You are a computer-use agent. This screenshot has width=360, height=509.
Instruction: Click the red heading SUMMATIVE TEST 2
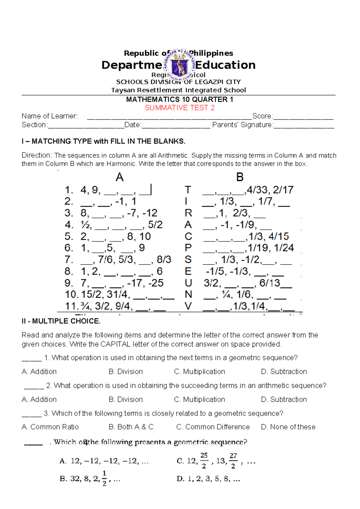tap(179, 108)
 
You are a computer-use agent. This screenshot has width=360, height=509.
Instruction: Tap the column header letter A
tap(120, 177)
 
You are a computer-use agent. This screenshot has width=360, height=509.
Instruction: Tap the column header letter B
tap(240, 177)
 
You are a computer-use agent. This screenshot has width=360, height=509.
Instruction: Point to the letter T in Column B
tap(188, 190)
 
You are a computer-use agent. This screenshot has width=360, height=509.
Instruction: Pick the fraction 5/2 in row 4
tap(155, 225)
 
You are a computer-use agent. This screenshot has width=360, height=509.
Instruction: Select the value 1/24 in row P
tap(284, 248)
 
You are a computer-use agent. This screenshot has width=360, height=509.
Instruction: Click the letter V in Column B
tap(188, 306)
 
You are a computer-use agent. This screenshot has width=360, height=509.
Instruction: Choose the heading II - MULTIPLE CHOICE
tap(61, 321)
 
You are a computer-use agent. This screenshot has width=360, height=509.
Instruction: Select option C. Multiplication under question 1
tap(199, 372)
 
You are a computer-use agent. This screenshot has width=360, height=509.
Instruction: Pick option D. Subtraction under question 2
tap(284, 399)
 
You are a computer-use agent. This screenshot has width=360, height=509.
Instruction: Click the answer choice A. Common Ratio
tap(50, 427)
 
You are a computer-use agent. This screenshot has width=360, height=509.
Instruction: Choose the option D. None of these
tap(288, 427)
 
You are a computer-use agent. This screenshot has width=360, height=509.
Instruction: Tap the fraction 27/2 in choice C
tap(233, 461)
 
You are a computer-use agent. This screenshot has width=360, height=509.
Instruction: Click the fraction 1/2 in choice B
tap(104, 478)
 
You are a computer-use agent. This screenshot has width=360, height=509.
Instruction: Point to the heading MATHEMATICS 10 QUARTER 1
tap(179, 100)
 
